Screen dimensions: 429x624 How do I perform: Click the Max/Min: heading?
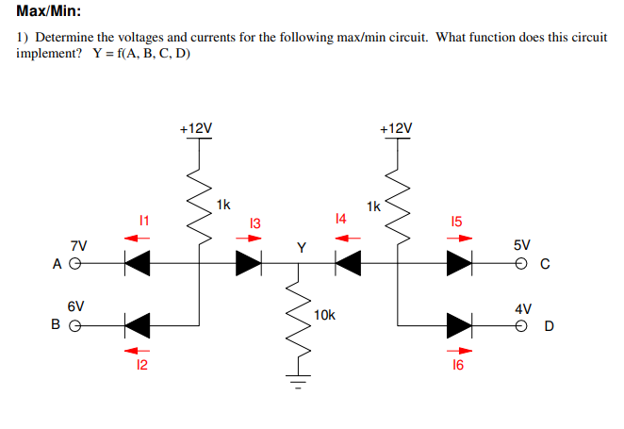pos(48,12)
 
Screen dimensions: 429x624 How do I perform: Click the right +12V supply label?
pos(396,127)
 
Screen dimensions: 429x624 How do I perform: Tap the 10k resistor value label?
pos(325,314)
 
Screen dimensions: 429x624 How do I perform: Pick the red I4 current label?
pos(341,219)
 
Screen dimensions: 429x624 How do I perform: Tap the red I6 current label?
pos(458,365)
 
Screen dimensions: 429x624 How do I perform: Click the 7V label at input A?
pos(77,246)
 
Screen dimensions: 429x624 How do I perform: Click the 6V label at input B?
pos(75,306)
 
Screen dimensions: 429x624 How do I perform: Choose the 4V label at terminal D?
pos(522,308)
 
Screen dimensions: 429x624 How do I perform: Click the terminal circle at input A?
pos(77,265)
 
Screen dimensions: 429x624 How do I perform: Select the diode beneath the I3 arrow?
pos(248,265)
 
